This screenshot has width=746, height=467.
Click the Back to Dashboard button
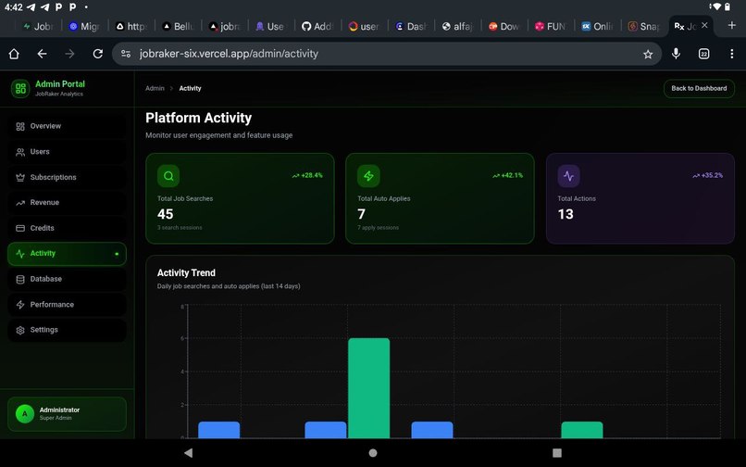click(699, 89)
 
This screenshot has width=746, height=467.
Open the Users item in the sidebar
click(40, 152)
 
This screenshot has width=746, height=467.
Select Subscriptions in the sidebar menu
click(53, 177)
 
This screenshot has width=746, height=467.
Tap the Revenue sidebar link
click(44, 203)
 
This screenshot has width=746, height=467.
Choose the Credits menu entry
click(42, 228)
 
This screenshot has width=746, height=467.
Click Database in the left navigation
click(45, 279)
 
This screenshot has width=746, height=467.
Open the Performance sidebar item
click(51, 305)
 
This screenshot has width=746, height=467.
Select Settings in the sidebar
click(44, 330)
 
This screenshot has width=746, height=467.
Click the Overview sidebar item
click(44, 126)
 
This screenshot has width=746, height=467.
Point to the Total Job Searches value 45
click(166, 214)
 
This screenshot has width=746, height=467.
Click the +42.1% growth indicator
click(507, 175)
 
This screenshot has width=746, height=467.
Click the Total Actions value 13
click(566, 214)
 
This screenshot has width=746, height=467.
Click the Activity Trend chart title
click(186, 273)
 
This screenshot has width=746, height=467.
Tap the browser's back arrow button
click(42, 54)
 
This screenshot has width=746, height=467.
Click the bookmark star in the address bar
click(648, 54)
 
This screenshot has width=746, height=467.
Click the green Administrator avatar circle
click(25, 414)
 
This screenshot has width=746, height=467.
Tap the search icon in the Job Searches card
click(168, 176)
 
